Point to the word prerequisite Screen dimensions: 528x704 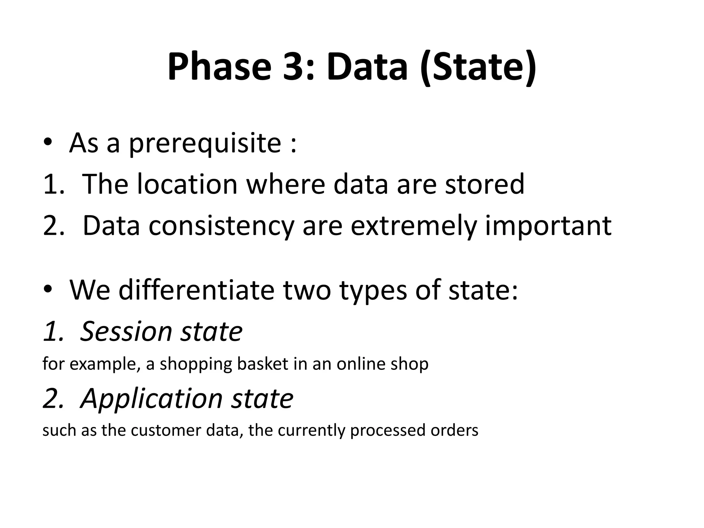tap(205, 143)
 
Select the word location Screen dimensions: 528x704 tap(187, 184)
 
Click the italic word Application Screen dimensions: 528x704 tap(152, 399)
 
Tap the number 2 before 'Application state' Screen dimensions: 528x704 tap(53, 399)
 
